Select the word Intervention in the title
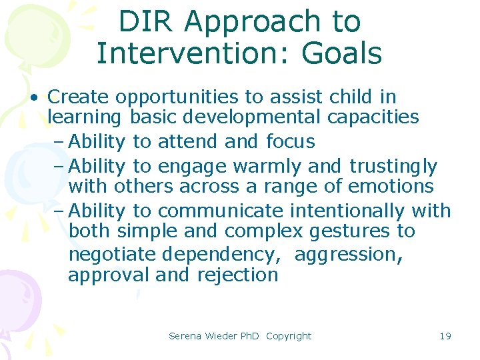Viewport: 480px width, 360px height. [x=197, y=53]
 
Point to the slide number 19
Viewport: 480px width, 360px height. [x=445, y=336]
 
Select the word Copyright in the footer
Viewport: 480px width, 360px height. [x=289, y=336]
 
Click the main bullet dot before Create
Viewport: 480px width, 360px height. [x=33, y=97]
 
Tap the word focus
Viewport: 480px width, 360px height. [x=291, y=142]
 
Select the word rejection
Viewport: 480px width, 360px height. [x=238, y=275]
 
